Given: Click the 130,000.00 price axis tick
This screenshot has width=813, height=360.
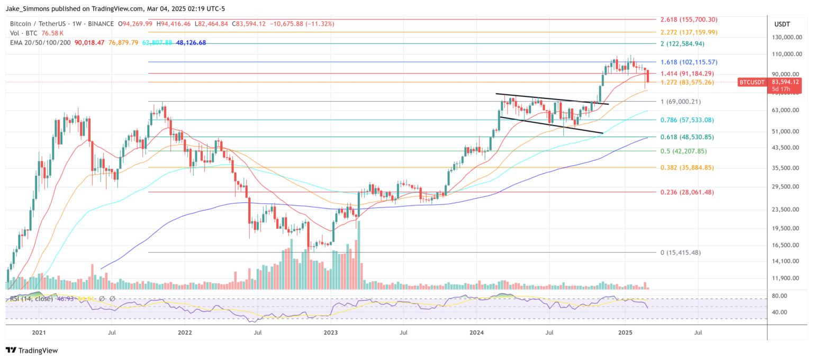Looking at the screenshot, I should pyautogui.click(x=787, y=38).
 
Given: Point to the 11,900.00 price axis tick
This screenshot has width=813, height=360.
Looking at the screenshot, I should pyautogui.click(x=786, y=278).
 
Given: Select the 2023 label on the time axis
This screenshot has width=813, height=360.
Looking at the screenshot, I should pyautogui.click(x=330, y=332).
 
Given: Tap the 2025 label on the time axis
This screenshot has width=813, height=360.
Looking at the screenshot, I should pyautogui.click(x=625, y=332).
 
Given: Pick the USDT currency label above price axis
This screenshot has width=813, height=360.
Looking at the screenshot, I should pyautogui.click(x=782, y=24).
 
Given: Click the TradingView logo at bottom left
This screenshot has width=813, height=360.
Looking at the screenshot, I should pyautogui.click(x=32, y=350).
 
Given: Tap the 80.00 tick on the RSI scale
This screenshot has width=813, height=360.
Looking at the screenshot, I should pyautogui.click(x=781, y=296).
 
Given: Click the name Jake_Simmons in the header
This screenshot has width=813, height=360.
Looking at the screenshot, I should pyautogui.click(x=31, y=8).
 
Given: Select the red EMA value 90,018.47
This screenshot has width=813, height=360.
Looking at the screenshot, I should pyautogui.click(x=90, y=42).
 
